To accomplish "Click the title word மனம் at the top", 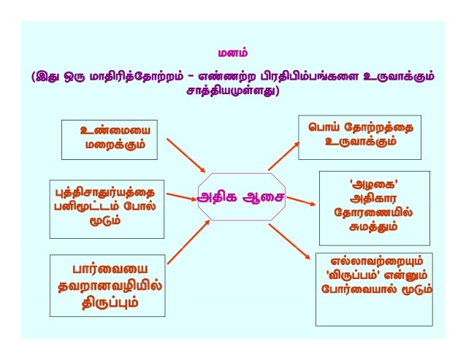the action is click(233, 54).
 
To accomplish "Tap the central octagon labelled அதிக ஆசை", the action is click(241, 196).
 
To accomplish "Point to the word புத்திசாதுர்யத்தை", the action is click(105, 192).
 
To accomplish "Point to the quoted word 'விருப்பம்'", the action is click(348, 275).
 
